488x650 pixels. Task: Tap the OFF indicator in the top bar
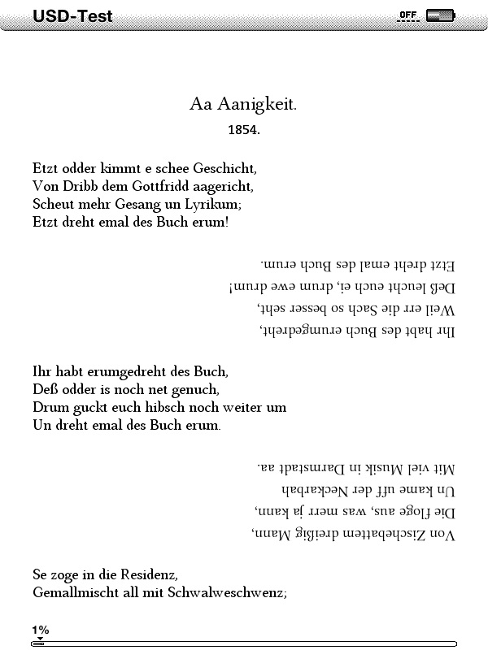point(407,15)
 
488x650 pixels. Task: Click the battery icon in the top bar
point(440,15)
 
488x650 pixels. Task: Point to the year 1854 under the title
point(244,129)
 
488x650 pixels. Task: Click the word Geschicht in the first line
point(220,169)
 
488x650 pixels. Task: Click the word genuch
point(195,389)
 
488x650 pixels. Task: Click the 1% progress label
point(41,630)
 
